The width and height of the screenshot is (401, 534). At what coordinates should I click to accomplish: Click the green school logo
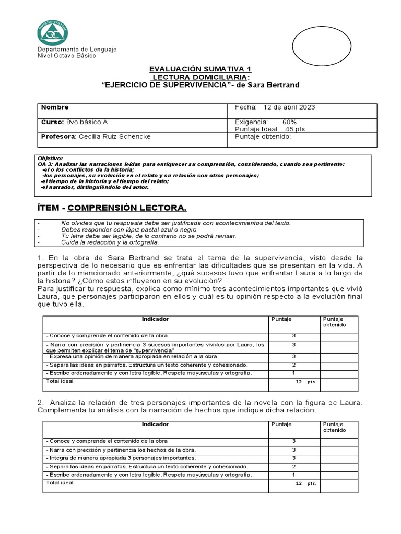(52, 32)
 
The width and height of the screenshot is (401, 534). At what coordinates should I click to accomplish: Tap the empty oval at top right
(317, 45)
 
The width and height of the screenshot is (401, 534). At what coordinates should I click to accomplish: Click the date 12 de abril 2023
(290, 107)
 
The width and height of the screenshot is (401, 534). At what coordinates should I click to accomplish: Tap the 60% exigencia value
(289, 122)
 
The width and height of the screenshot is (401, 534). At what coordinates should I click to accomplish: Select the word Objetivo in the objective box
(50, 158)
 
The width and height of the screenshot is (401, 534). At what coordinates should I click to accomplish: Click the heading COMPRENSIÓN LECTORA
(127, 208)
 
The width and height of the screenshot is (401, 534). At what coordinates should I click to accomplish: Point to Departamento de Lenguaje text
(77, 50)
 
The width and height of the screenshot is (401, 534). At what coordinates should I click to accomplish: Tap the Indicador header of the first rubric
(155, 319)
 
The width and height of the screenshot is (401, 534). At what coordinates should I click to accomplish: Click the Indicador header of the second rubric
(155, 424)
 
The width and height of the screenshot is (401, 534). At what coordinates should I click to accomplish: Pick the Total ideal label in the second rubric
(60, 483)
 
